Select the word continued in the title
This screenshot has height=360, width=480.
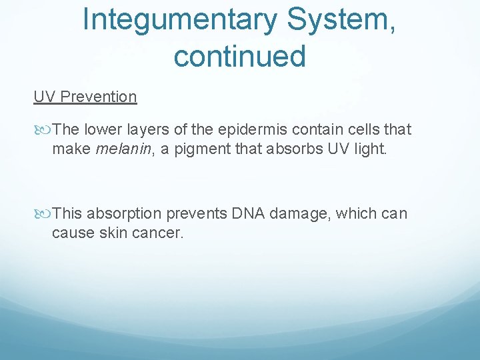239,56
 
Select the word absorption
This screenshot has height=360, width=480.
123,214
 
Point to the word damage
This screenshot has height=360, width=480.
297,214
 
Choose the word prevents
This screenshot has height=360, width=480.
197,214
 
